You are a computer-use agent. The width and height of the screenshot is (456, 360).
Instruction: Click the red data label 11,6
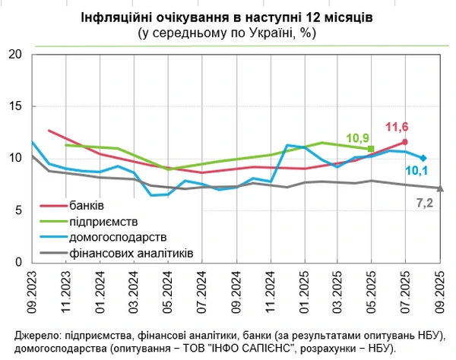point(397,127)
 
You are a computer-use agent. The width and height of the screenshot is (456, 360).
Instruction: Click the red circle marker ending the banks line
point(405,142)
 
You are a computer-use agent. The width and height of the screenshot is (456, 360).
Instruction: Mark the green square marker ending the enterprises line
point(371,149)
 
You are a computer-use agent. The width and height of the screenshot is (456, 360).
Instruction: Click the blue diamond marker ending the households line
point(423,158)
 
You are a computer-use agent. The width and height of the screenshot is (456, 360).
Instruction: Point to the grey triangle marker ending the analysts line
point(439,188)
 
